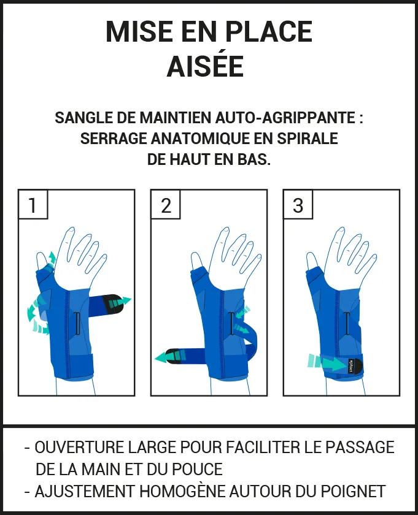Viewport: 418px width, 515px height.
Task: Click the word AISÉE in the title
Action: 205,67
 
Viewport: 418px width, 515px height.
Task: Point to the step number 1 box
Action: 33,204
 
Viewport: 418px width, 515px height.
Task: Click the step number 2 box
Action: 166,204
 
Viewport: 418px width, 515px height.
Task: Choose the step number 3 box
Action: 298,204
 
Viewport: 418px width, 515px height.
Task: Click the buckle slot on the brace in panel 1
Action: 76,323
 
